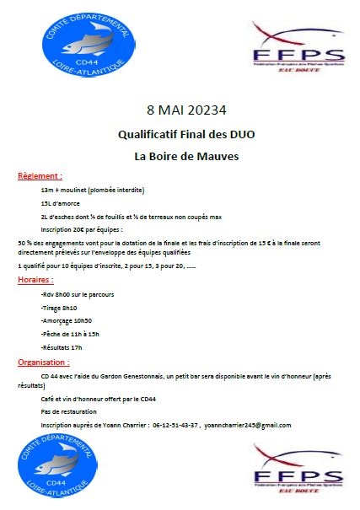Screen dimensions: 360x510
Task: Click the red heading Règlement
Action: coord(40,177)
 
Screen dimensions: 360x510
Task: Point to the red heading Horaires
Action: coord(35,278)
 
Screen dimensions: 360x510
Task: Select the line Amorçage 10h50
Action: coord(66,321)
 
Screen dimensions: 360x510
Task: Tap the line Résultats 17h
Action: coord(62,347)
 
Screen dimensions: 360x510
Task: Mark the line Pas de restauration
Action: coord(66,411)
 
